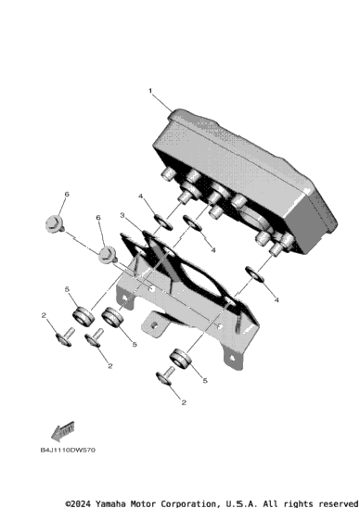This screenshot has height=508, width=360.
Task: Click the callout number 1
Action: coord(150,91)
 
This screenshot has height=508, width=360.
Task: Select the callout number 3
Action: coord(122,215)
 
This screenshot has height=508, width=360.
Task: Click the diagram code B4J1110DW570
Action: coord(68,450)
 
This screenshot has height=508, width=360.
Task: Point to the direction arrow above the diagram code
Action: coord(62,432)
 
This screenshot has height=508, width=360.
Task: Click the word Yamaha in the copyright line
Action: coord(110,503)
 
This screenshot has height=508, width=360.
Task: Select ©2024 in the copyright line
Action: coord(78,503)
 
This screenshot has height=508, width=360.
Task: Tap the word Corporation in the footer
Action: coord(188,503)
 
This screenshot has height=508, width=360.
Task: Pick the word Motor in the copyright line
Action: coord(143,503)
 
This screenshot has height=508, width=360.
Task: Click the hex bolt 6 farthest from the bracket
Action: coord(55,224)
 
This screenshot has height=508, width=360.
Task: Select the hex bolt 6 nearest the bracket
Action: coord(108,255)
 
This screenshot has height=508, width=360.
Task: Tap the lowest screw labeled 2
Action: coord(165,375)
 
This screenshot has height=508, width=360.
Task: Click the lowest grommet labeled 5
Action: coord(180,358)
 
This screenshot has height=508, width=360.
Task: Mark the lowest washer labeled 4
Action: coord(255,274)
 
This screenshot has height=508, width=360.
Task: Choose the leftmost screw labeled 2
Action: coord(65,337)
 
